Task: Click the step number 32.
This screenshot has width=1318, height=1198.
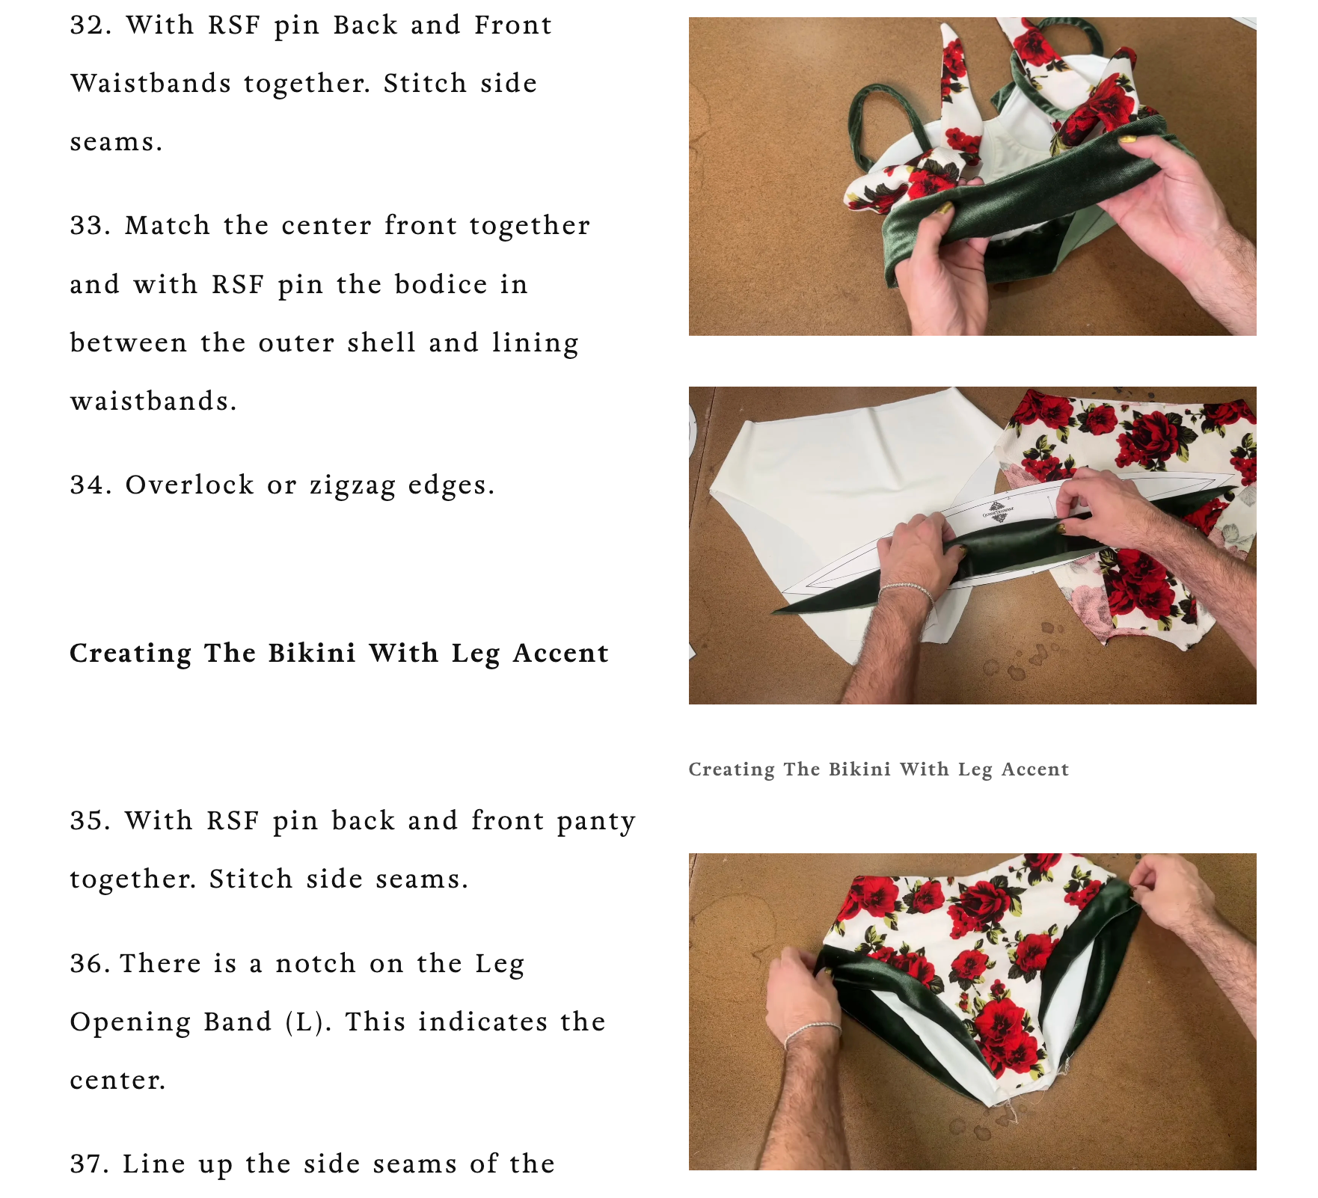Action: [x=91, y=25]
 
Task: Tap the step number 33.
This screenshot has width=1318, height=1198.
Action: [x=91, y=226]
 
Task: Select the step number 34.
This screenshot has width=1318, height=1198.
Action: [x=91, y=485]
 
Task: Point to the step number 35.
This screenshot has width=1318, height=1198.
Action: [x=91, y=821]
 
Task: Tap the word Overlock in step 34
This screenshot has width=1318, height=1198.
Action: [x=190, y=485]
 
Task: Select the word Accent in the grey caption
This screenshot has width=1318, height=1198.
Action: [x=1035, y=770]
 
